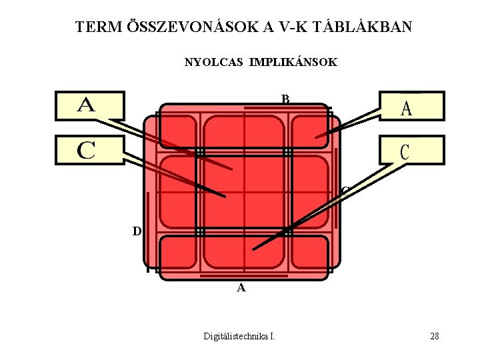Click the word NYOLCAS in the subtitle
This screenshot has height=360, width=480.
pyautogui.click(x=215, y=63)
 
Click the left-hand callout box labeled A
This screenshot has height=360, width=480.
pyautogui.click(x=90, y=105)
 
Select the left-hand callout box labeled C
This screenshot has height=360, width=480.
pyautogui.click(x=90, y=150)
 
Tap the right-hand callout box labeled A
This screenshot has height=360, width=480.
pyautogui.click(x=411, y=106)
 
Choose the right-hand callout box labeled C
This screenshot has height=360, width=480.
pyautogui.click(x=411, y=150)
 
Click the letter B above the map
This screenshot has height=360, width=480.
pyautogui.click(x=285, y=99)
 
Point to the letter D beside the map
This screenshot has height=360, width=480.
pyautogui.click(x=137, y=231)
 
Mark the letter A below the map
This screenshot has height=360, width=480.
pyautogui.click(x=241, y=288)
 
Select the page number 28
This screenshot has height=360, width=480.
pyautogui.click(x=435, y=336)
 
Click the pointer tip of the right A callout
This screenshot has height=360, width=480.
pyautogui.click(x=317, y=138)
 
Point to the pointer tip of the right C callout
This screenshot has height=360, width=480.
pyautogui.click(x=254, y=249)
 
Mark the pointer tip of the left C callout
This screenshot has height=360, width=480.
pyautogui.click(x=225, y=196)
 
